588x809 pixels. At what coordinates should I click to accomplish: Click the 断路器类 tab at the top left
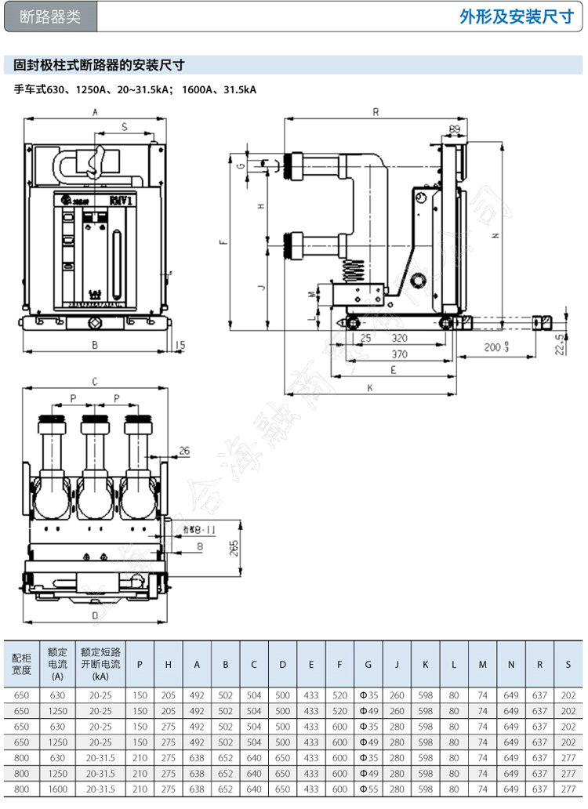coord(50,16)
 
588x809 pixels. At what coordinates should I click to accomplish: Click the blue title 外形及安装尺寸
coord(517,16)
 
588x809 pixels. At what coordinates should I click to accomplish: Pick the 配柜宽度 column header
coord(21,664)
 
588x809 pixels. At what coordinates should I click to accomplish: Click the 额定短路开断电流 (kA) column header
coord(100,664)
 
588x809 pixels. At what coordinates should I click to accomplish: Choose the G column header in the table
coord(368,665)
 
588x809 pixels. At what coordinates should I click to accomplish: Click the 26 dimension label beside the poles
coord(184,450)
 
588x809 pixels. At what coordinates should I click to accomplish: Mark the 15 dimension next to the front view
coord(180,344)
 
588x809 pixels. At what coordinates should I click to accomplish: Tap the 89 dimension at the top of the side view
coord(454,129)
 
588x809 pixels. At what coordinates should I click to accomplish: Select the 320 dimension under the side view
coord(400,339)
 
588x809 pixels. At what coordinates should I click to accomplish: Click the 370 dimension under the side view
coord(400,354)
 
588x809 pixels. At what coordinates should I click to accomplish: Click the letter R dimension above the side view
coord(376,112)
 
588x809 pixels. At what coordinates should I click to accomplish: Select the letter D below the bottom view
coord(94,615)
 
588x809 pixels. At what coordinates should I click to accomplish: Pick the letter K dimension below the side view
coord(369,387)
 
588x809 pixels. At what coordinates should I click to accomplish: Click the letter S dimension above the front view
coord(125,126)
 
